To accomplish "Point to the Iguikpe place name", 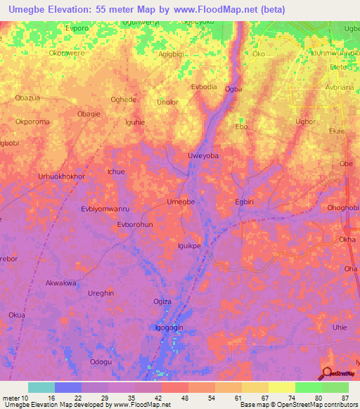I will coord(189,246).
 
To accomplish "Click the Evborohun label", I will coord(134,224).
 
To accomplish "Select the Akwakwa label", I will coord(60,283).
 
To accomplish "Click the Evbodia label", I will coord(204,86).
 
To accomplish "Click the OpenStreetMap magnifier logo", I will coord(328,372).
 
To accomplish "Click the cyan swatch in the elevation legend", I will coord(41,387).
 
